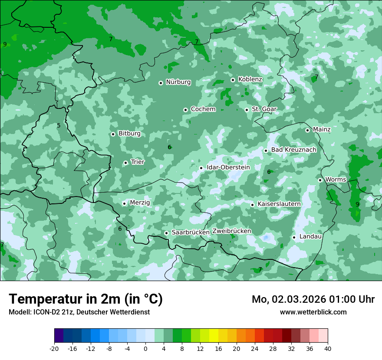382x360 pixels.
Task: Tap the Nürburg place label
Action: [178, 82]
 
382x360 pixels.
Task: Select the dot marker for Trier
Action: [125, 163]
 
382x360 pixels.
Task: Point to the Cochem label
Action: [203, 109]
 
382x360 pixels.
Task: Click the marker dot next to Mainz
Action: [307, 130]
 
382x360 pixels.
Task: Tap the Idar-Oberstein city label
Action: [228, 167]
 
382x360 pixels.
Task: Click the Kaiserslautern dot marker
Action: [252, 205]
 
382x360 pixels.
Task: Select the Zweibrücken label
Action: [231, 231]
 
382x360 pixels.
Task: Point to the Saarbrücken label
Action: [190, 232]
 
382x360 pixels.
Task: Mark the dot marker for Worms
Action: [320, 180]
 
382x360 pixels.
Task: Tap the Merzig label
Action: [140, 203]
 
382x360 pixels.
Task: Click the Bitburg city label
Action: [129, 134]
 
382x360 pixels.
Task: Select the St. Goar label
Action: [264, 109]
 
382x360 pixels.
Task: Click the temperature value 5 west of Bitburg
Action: [59, 126]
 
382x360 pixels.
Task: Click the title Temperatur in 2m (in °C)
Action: [86, 299]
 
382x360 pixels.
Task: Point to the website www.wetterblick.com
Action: [313, 312]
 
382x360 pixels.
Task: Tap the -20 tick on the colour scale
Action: [54, 349]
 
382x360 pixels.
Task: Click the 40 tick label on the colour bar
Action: [328, 349]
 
